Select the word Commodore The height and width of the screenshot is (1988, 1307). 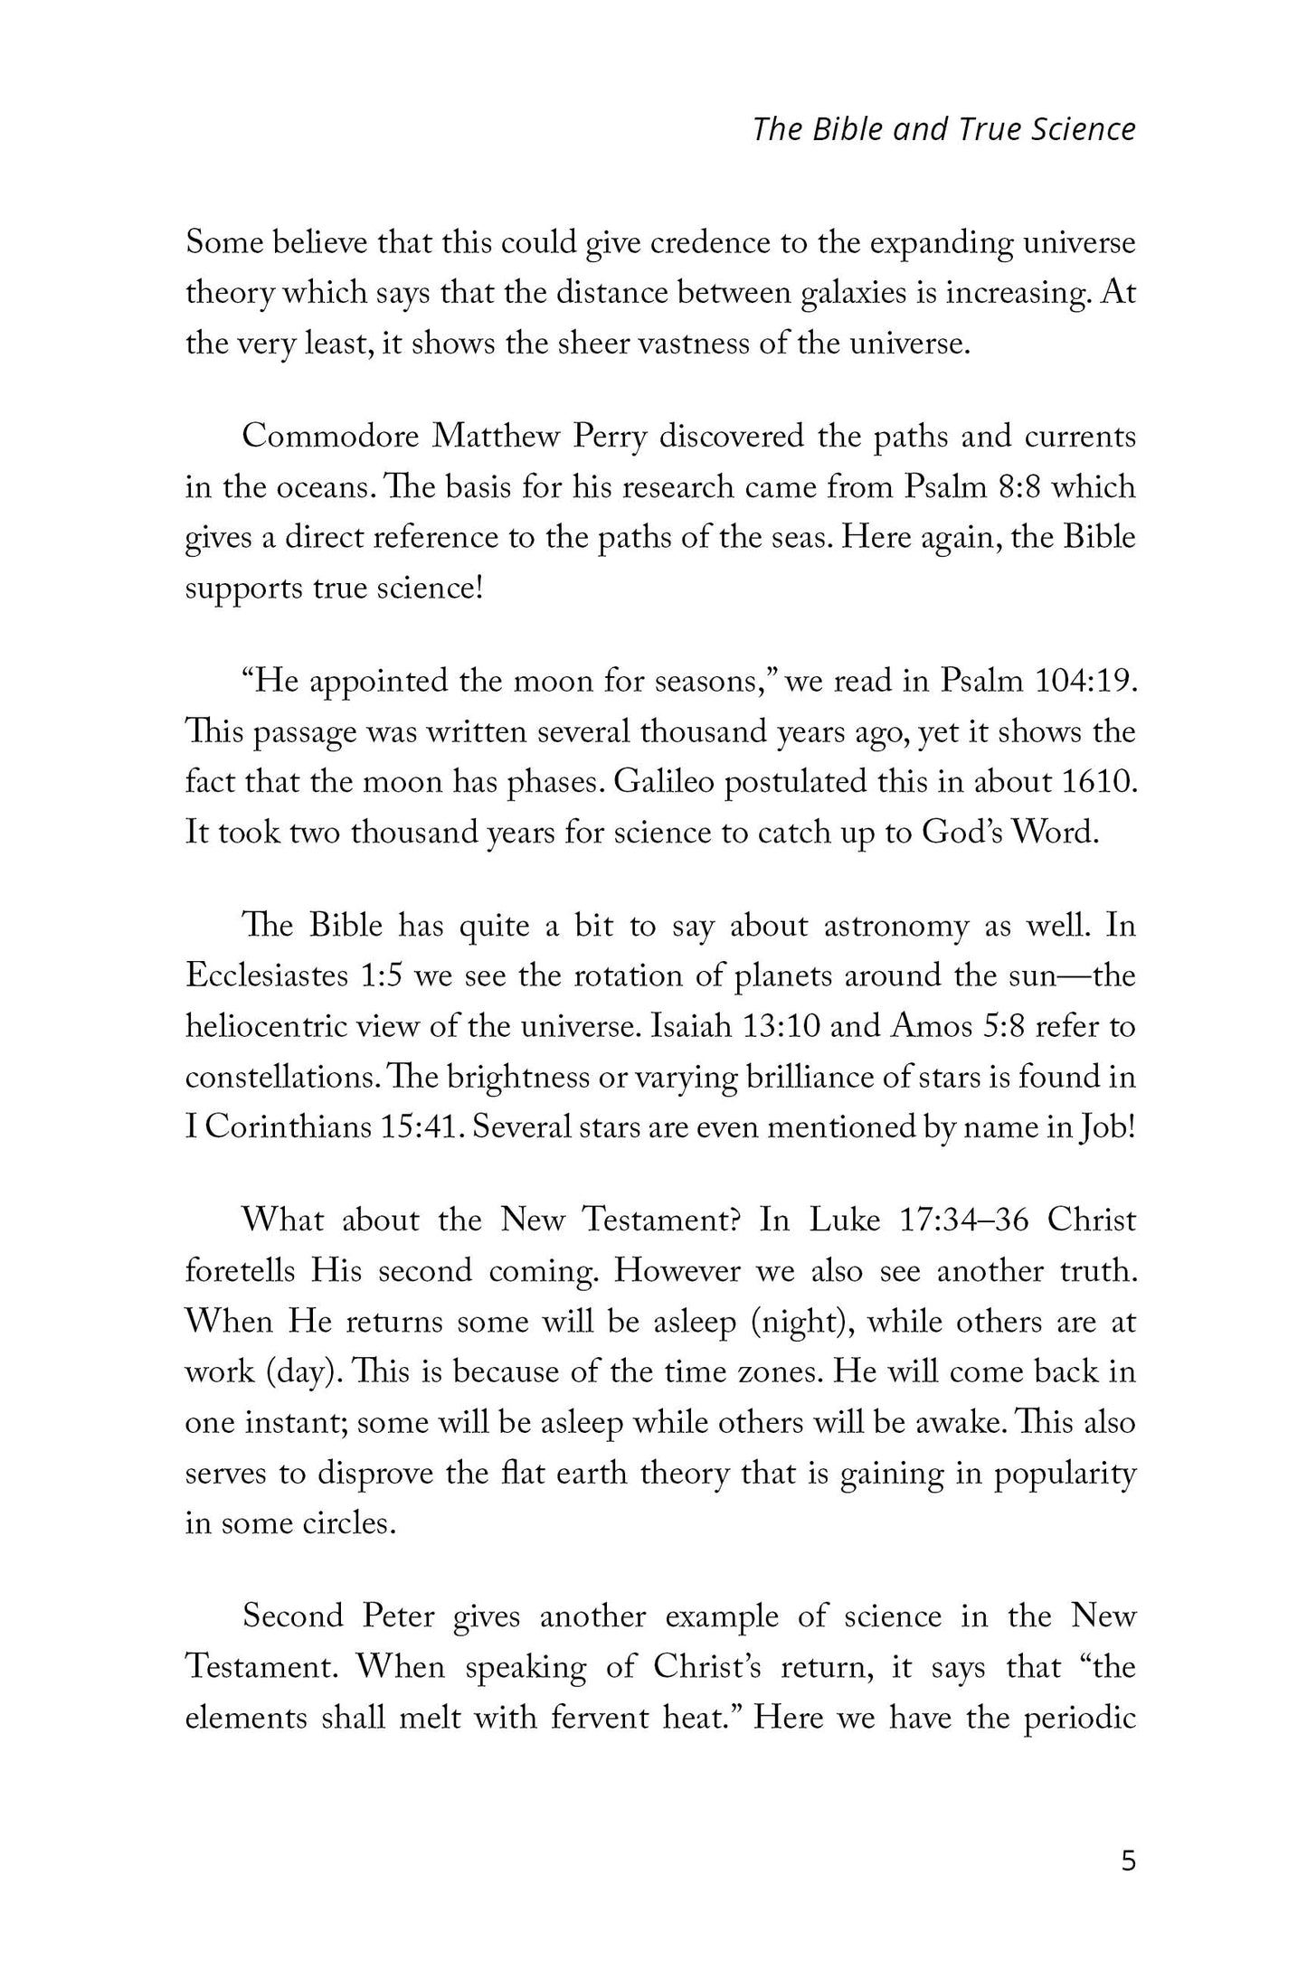[x=330, y=437]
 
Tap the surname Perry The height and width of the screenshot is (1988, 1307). [x=611, y=437]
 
